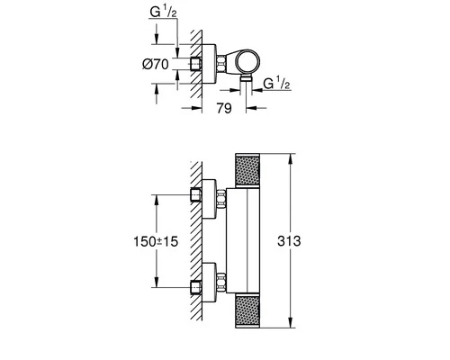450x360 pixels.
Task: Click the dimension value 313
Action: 289,241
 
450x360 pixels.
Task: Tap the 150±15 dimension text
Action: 156,241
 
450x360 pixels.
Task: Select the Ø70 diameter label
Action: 156,64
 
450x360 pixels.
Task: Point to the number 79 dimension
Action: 224,108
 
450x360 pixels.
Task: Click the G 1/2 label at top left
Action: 163,13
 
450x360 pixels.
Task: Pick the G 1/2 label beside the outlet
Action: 276,83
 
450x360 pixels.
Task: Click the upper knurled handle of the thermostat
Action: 247,171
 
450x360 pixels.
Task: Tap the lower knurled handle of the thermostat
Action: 247,311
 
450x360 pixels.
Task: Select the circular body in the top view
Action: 249,62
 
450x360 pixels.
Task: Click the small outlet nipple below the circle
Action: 247,78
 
